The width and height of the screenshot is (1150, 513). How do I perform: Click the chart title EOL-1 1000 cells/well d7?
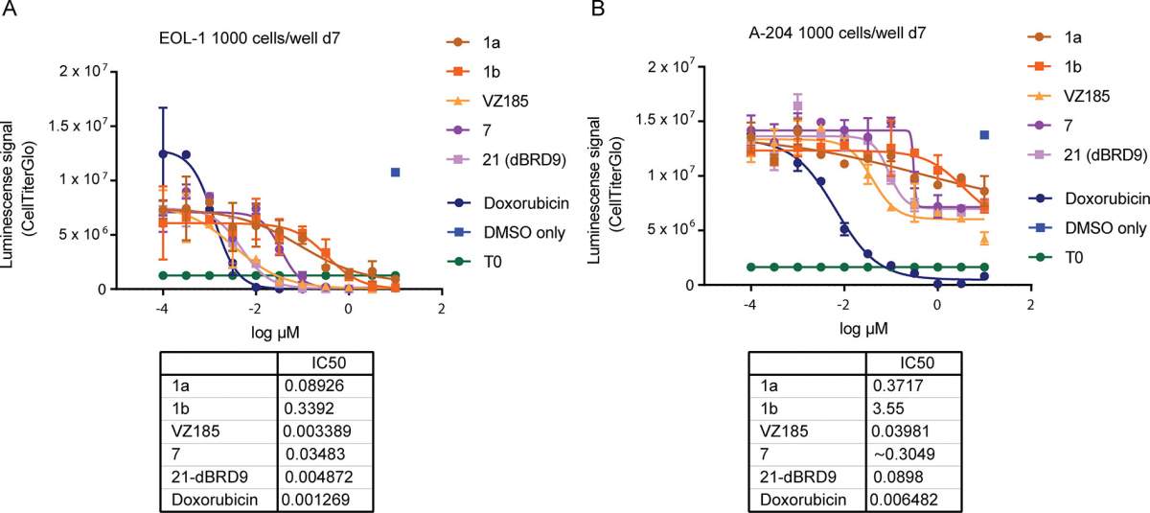[x=249, y=38]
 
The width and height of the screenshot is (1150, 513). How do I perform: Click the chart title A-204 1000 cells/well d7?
[x=838, y=34]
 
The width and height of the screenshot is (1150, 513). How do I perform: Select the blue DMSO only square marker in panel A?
[x=395, y=173]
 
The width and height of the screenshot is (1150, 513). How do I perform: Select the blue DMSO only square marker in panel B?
[x=984, y=135]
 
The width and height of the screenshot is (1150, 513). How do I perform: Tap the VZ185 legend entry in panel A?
[x=488, y=101]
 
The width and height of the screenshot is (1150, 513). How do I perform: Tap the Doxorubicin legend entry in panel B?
[x=1089, y=198]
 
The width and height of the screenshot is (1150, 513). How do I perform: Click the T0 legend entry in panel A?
[x=474, y=262]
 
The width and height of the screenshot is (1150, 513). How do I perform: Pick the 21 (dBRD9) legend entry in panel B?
[x=1088, y=154]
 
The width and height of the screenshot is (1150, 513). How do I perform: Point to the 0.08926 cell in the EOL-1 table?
[x=314, y=385]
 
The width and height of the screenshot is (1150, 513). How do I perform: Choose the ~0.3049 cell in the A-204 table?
[x=904, y=454]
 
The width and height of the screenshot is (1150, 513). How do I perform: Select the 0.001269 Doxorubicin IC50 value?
[x=315, y=500]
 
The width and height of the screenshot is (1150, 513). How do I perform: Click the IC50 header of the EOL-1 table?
[x=329, y=363]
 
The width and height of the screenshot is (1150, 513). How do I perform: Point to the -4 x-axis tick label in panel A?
[x=162, y=309]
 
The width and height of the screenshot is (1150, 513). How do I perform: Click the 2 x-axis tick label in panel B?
[x=1030, y=305]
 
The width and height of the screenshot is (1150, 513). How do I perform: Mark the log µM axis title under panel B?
[x=863, y=329]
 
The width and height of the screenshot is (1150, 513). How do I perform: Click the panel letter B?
[x=598, y=9]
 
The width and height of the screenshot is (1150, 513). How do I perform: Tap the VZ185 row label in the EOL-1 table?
[x=195, y=431]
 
